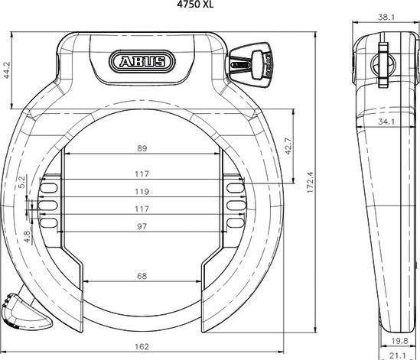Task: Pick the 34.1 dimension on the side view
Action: tap(385, 120)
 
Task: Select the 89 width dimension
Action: tap(142, 148)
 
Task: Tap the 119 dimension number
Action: tap(142, 192)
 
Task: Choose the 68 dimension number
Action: tap(142, 276)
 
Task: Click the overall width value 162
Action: tap(142, 345)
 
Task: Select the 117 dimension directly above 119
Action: tap(142, 174)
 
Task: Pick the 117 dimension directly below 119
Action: tap(142, 209)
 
